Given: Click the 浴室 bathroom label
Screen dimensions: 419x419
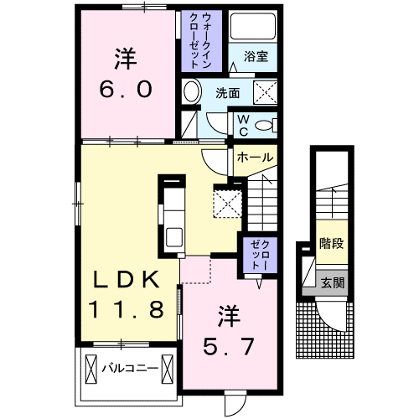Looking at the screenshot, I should tap(256, 57).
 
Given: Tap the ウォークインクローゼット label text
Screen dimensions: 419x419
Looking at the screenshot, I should tap(200, 41).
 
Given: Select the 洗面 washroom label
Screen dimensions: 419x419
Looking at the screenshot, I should tap(227, 93).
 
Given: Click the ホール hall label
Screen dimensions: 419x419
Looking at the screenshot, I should tap(253, 157).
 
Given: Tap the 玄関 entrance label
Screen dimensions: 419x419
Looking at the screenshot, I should tap(332, 283).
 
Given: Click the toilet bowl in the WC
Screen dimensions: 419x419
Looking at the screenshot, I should tap(266, 125).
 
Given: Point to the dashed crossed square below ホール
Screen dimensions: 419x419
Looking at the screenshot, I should tap(227, 202).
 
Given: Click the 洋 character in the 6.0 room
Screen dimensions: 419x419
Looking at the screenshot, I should tap(126, 59).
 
